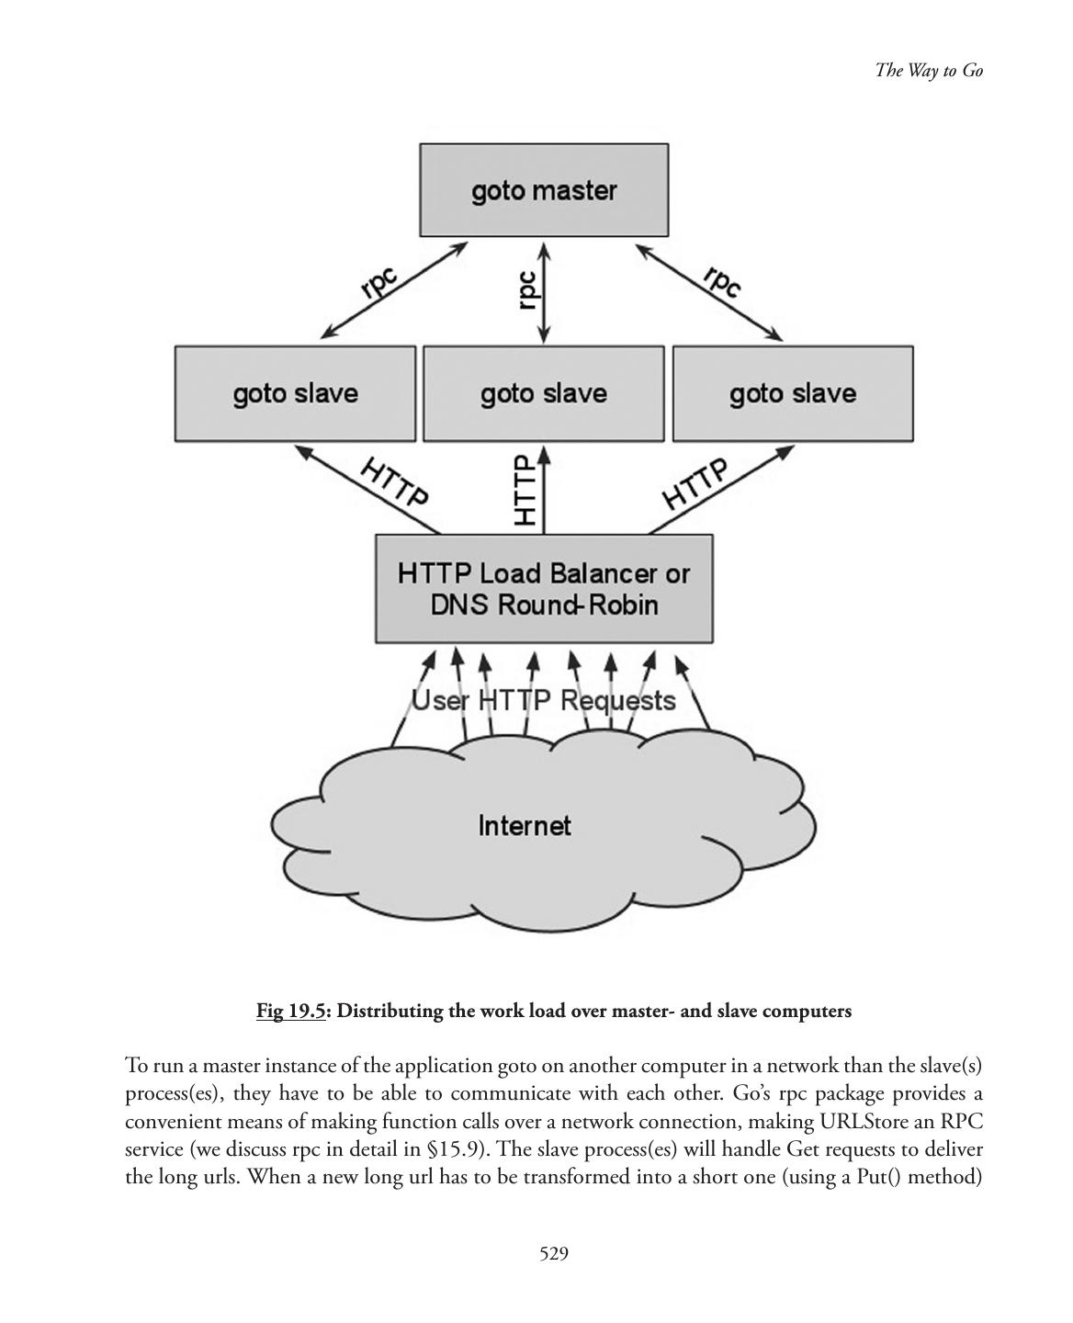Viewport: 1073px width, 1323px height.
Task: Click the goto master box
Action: coord(544,190)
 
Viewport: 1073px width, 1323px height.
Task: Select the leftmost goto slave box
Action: coord(295,394)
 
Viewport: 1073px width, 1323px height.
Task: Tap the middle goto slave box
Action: coord(544,394)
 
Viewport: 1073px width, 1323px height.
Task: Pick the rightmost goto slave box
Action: coord(793,394)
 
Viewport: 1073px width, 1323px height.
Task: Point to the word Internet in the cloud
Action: coord(525,826)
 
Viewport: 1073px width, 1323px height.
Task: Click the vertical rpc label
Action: coord(527,289)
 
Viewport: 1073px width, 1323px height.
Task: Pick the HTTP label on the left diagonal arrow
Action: coord(394,481)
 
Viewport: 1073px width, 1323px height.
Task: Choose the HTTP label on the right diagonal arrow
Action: coord(695,483)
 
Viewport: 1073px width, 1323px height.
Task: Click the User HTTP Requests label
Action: coord(543,701)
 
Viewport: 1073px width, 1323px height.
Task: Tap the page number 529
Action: coord(554,1253)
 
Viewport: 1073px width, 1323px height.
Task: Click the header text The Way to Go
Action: coord(929,71)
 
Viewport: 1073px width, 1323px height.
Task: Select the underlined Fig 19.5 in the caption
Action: coord(291,1012)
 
